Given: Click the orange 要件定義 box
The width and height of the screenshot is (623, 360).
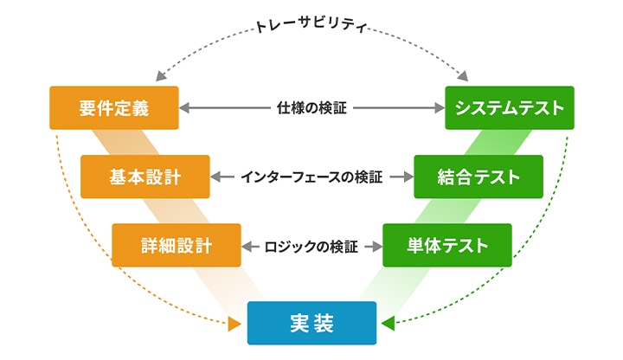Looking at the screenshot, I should coord(114,108).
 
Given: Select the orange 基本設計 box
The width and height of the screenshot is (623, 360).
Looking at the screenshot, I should coord(145,177).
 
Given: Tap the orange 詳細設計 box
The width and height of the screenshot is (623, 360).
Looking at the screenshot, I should coord(177,246).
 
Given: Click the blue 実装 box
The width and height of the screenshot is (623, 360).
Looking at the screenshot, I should coord(311,324).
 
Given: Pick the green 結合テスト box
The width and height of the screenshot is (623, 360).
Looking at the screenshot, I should coord(478,177).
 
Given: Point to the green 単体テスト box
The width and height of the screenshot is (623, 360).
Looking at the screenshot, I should coord(447,246).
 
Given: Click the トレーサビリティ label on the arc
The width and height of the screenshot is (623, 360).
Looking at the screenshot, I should coord(312,27).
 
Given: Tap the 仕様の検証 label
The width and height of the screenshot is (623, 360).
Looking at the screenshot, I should coord(311,109).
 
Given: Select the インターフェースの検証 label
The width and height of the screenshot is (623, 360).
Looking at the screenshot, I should coord(311,177).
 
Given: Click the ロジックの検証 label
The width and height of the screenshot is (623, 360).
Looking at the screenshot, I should coord(311,247).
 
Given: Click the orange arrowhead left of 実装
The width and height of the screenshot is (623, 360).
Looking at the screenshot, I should coord(234,325).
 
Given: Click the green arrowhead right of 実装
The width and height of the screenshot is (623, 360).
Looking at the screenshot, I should coord(389,325).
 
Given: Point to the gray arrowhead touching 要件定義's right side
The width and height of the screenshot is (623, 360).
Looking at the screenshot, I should coord(185,109).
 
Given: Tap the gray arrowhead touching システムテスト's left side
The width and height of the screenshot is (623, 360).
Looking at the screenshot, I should coord(439,109).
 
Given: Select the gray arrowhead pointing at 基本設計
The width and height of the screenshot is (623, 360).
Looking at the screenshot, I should coord(216,177).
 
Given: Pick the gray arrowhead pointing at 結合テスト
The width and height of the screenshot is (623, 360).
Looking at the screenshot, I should coord(408,177).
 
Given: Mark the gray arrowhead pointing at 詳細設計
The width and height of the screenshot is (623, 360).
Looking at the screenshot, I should coord(247,247).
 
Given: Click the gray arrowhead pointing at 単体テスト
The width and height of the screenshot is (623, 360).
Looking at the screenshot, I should coord(376,247).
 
